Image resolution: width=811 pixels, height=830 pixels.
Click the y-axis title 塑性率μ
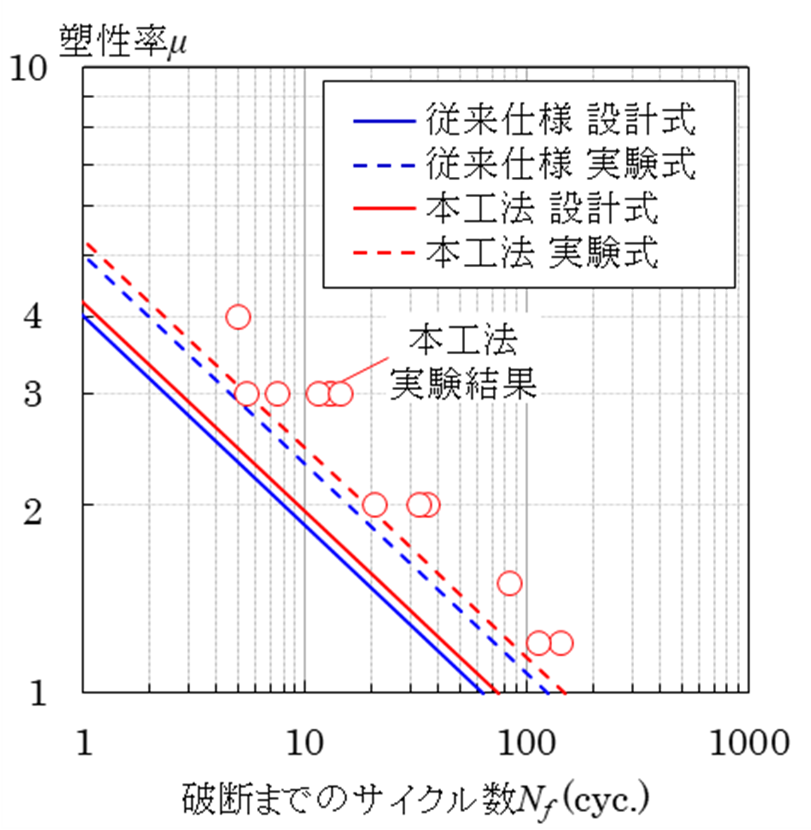tap(123, 42)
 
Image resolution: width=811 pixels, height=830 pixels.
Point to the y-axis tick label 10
tap(28, 69)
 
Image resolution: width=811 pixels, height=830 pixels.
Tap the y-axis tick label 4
tap(33, 317)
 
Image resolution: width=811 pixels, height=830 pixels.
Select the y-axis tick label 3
tap(33, 394)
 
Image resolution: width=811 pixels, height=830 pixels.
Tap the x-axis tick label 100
tap(527, 743)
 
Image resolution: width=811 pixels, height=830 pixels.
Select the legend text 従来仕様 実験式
tap(560, 163)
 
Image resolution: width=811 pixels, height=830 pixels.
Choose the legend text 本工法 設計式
tap(542, 208)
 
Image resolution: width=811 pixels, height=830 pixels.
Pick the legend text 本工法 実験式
tap(542, 252)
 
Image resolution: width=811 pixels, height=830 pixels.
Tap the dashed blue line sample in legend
tap(384, 165)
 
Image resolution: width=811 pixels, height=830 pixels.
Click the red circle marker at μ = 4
tap(238, 317)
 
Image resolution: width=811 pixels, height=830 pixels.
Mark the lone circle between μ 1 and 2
tap(510, 583)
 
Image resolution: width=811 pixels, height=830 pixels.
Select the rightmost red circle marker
tap(561, 643)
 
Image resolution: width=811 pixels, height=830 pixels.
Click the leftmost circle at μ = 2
tap(375, 505)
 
